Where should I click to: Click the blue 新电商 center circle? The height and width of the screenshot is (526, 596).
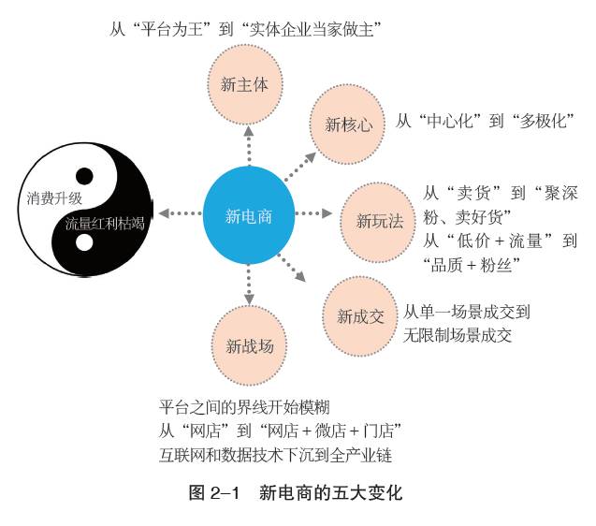(x=249, y=215)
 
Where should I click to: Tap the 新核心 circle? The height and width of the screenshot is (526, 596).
(x=348, y=123)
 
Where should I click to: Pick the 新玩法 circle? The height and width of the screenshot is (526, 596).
(x=380, y=221)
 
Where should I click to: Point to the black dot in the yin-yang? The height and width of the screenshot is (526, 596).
(x=85, y=175)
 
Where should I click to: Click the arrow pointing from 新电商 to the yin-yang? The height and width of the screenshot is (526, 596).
(x=179, y=213)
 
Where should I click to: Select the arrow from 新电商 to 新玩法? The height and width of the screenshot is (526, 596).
(x=314, y=213)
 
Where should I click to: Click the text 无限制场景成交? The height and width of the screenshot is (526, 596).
(x=458, y=334)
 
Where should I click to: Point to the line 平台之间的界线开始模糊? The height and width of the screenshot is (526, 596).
(x=244, y=408)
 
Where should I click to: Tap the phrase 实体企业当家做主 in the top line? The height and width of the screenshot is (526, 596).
(x=313, y=29)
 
